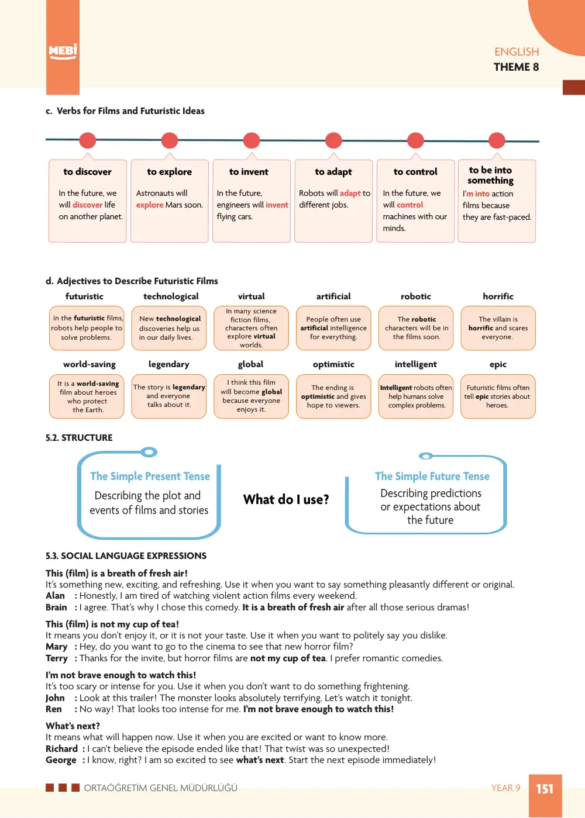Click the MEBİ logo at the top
(x=63, y=51)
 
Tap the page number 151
(x=545, y=789)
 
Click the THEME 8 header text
(x=516, y=67)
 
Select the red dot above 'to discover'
(x=88, y=140)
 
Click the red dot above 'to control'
(x=415, y=140)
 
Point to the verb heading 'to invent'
(x=249, y=172)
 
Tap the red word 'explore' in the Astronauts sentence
(x=150, y=205)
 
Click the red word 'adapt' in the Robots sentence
(x=350, y=193)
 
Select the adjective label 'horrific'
(x=498, y=296)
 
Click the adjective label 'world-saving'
(x=90, y=364)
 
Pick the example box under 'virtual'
(x=251, y=328)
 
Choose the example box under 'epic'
(x=498, y=396)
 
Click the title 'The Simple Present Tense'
(x=150, y=476)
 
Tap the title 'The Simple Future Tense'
(x=432, y=476)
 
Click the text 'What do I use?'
(x=286, y=499)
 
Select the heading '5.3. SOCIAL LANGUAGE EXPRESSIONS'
(x=126, y=556)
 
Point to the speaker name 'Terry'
(x=57, y=658)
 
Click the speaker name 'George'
(x=61, y=760)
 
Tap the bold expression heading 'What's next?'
(x=73, y=726)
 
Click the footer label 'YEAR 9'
(x=505, y=788)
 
